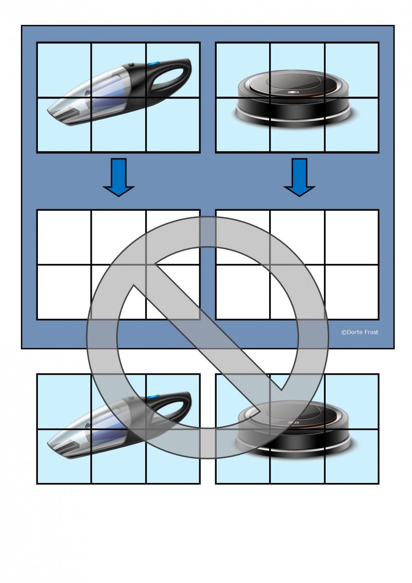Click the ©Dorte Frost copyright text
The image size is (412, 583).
point(360,332)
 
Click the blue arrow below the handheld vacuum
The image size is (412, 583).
point(119,177)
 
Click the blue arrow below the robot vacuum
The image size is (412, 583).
point(299,177)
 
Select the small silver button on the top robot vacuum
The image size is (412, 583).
point(293,92)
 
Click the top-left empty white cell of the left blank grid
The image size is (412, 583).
point(64,238)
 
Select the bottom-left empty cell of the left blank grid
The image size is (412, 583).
point(64,292)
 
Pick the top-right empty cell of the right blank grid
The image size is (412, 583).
point(352,238)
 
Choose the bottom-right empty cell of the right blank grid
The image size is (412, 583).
point(352,292)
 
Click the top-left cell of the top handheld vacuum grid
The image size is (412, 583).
point(64,70)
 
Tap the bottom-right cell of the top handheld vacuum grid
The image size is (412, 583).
point(173,125)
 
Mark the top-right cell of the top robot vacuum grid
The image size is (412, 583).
point(352,70)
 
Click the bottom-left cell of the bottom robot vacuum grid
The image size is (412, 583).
point(243,457)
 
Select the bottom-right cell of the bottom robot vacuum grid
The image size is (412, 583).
point(352,457)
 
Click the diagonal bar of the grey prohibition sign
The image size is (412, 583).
point(207,338)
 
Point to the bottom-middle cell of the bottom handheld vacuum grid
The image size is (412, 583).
point(119,457)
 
